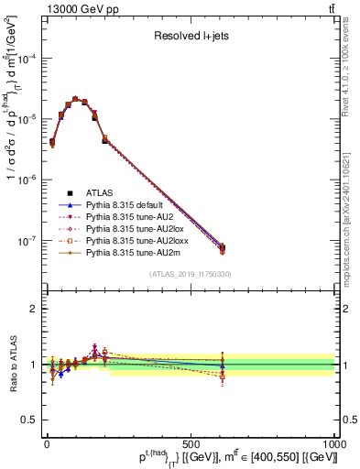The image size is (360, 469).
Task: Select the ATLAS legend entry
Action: pos(101,192)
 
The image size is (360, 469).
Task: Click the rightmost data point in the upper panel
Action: pos(223,247)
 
